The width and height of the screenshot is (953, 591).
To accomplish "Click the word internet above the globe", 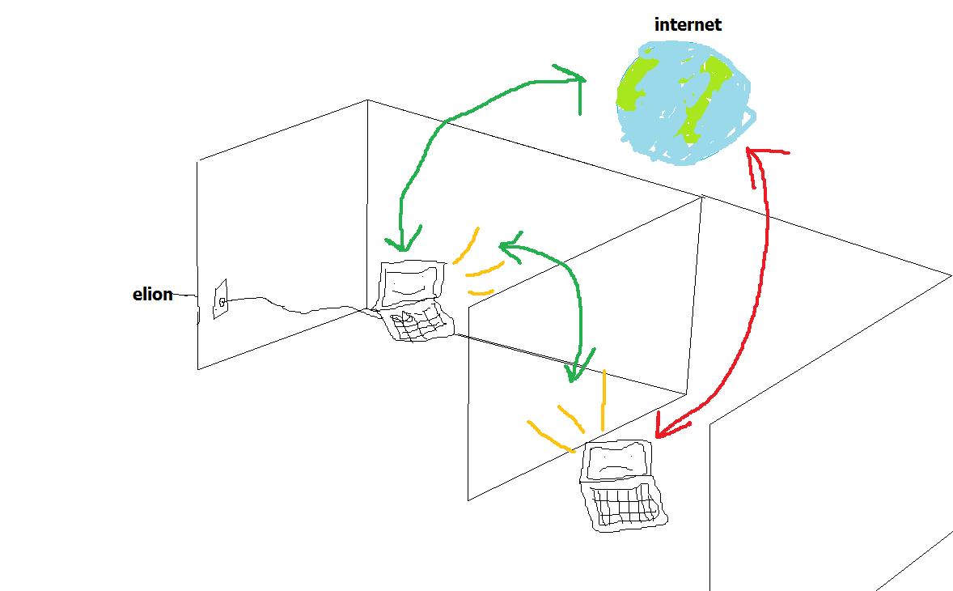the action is (x=688, y=24).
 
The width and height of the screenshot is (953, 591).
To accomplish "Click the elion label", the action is (x=153, y=294).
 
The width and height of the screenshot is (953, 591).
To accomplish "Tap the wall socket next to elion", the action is (x=220, y=300).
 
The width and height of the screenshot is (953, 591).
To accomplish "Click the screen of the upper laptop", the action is (x=411, y=283).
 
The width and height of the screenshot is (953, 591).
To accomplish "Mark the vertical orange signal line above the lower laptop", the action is (x=604, y=399).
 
